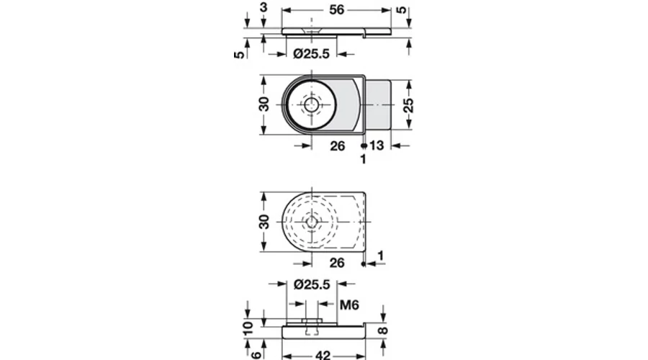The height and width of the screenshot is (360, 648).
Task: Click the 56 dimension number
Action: tap(337, 9)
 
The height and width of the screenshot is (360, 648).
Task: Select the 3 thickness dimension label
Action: tap(264, 7)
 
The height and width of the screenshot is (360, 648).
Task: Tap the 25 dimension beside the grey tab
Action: tap(408, 105)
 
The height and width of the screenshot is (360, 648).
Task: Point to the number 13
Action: tap(377, 145)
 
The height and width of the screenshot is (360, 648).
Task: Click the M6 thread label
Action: tap(349, 305)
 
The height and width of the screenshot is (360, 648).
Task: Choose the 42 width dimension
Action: tap(323, 355)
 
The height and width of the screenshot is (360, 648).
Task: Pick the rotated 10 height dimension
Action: tap(248, 328)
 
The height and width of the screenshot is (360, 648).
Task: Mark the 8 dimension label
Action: tap(383, 330)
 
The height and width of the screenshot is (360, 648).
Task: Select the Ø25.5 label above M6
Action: tap(312, 284)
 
